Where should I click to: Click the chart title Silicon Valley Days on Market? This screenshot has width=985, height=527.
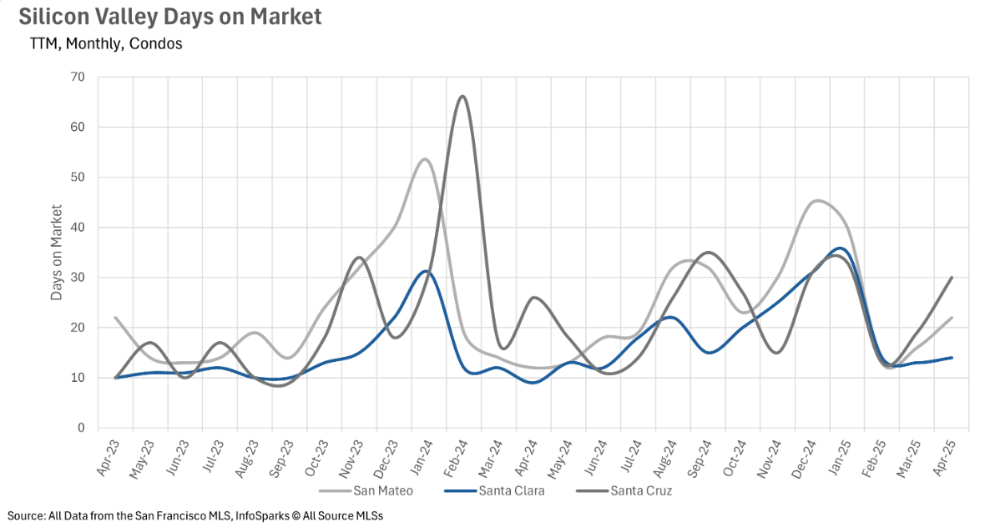point(169,17)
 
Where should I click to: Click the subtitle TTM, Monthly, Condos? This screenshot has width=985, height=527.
point(105,44)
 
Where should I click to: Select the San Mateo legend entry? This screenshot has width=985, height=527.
point(366,490)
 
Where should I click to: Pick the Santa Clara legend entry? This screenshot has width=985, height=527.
point(494,490)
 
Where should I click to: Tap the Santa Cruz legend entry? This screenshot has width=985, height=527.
point(624,490)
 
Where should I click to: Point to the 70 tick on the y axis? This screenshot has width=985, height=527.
point(78,78)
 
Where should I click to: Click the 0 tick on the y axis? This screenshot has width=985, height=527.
point(82,428)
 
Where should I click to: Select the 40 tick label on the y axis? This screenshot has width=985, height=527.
point(78,227)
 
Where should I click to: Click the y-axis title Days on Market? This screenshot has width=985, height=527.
point(57,252)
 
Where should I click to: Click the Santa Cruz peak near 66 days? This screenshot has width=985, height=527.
point(462,96)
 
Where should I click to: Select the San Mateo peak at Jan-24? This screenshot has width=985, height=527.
point(425,158)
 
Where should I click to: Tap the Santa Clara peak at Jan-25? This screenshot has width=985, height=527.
point(841,248)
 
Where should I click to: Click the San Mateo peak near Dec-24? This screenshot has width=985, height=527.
point(816,201)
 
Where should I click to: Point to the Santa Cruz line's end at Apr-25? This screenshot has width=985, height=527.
point(952,278)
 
